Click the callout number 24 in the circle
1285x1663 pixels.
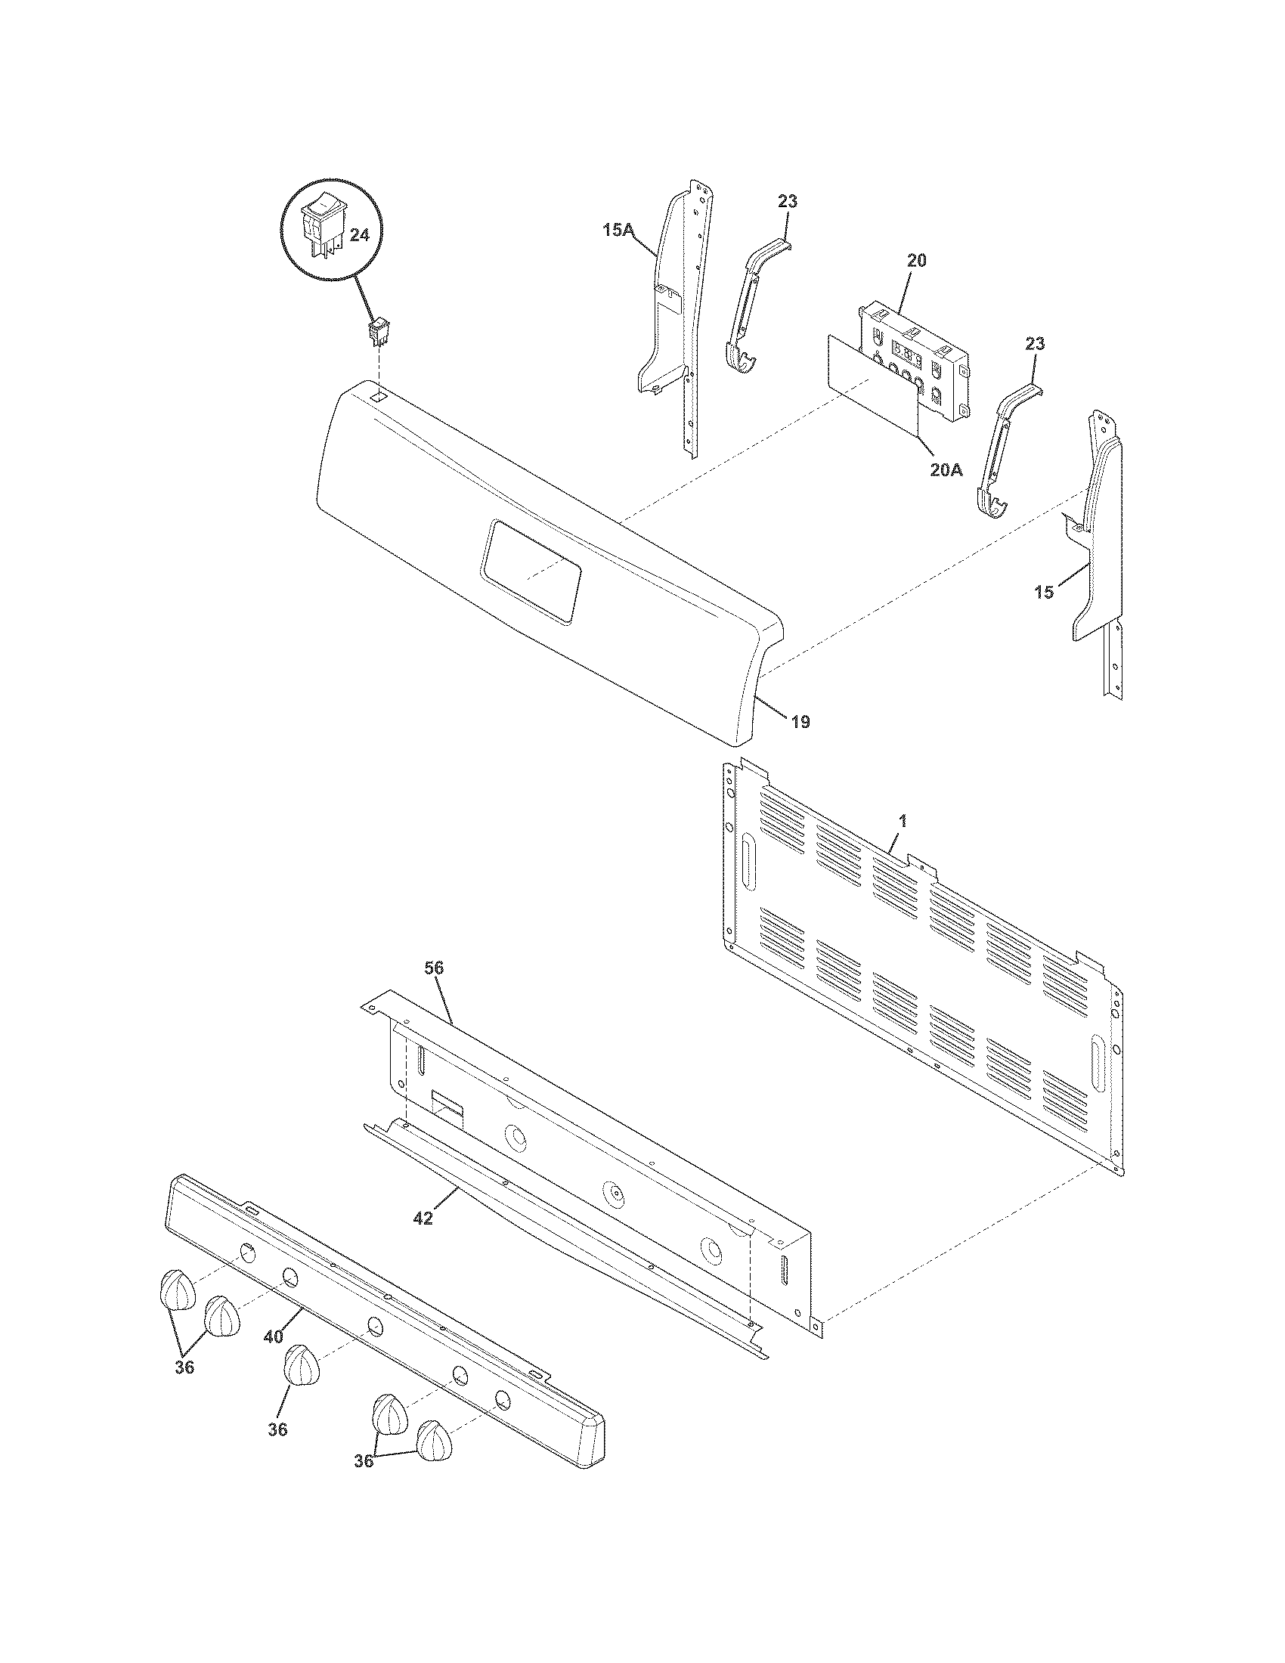pyautogui.click(x=358, y=235)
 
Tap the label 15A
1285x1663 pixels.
pyautogui.click(x=618, y=229)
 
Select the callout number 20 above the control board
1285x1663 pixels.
pyautogui.click(x=918, y=261)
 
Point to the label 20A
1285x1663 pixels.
pyautogui.click(x=946, y=470)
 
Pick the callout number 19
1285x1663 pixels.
pyautogui.click(x=800, y=720)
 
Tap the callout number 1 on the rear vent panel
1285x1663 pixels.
pyautogui.click(x=903, y=821)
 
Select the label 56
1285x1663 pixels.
pyautogui.click(x=434, y=968)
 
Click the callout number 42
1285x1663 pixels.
pyautogui.click(x=423, y=1218)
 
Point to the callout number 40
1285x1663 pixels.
pyautogui.click(x=274, y=1336)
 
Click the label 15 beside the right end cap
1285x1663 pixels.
pyautogui.click(x=1044, y=592)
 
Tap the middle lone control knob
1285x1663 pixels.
pyautogui.click(x=302, y=1366)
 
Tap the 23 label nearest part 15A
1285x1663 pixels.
pyautogui.click(x=788, y=201)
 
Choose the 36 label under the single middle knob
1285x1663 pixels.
pyautogui.click(x=278, y=1429)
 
